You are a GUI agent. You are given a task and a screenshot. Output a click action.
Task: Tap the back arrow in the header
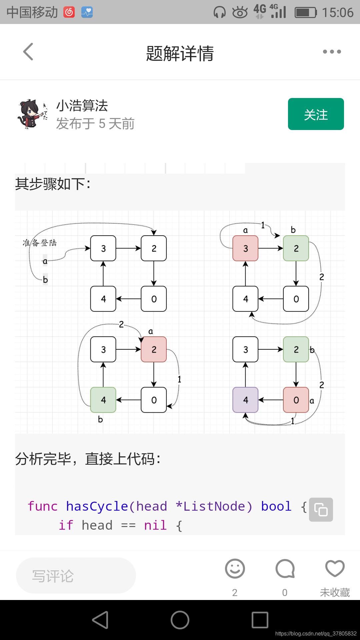[29, 52]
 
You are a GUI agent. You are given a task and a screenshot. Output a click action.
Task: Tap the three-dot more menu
[332, 52]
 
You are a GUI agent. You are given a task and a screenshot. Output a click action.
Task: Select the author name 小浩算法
[82, 106]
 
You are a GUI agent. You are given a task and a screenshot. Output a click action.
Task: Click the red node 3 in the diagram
[245, 248]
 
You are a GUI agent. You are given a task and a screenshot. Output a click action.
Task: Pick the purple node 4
[245, 400]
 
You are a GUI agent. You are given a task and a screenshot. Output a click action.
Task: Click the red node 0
[296, 400]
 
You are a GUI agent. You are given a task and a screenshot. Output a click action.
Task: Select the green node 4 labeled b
[103, 400]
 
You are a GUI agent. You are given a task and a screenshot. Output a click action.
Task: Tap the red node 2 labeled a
[154, 349]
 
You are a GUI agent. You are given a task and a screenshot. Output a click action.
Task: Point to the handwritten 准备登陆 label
[40, 243]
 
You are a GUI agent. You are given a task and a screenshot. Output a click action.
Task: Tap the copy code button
[321, 509]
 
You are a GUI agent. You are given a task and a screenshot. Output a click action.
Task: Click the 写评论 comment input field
[76, 576]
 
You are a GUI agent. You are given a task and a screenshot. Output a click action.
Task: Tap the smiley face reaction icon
[235, 569]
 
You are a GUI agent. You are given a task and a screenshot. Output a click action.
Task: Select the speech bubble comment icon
[285, 569]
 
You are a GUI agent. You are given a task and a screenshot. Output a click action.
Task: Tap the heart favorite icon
[335, 569]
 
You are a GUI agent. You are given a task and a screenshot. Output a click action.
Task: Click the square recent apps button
[260, 620]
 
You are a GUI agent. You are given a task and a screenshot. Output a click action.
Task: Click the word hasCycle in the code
[97, 506]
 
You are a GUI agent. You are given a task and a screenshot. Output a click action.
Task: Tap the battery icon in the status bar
[305, 13]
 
